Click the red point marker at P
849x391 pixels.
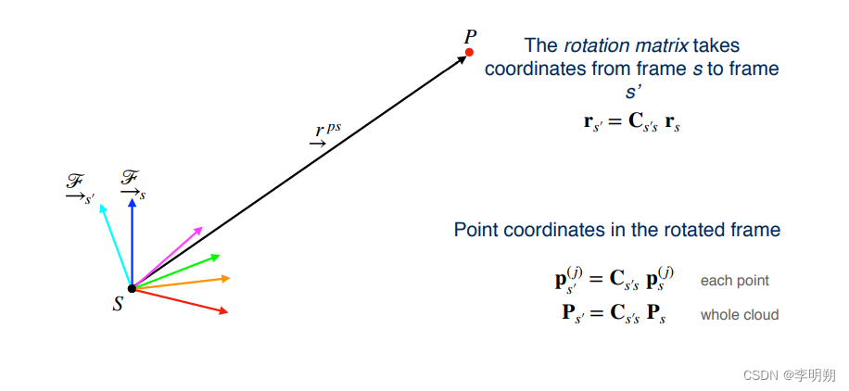tap(469, 53)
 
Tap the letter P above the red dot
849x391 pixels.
tap(470, 37)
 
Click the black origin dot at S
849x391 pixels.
tap(132, 288)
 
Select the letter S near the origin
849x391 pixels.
tap(118, 303)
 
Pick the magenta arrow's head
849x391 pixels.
tap(200, 228)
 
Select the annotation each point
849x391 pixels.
tap(734, 281)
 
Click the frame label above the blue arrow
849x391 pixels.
tap(133, 183)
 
